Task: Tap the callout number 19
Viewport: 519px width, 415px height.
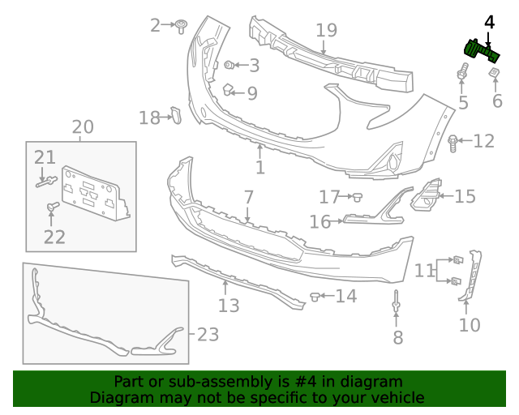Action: point(326,31)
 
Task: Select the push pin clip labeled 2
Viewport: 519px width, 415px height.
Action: point(182,26)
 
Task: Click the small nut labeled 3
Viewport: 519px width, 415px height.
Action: point(229,64)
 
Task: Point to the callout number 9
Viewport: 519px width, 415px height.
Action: point(252,93)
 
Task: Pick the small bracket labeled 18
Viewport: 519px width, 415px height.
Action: point(174,116)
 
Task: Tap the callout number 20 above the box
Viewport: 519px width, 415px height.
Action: point(83,127)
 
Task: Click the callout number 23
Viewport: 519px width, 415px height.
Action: point(208,334)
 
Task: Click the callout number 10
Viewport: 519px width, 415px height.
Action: point(469,326)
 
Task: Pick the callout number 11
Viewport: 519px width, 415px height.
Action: point(424,270)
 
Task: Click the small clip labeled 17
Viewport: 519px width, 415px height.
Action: point(356,196)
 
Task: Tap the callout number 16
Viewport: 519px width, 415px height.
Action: point(320,221)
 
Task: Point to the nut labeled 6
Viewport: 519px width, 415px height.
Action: point(493,75)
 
